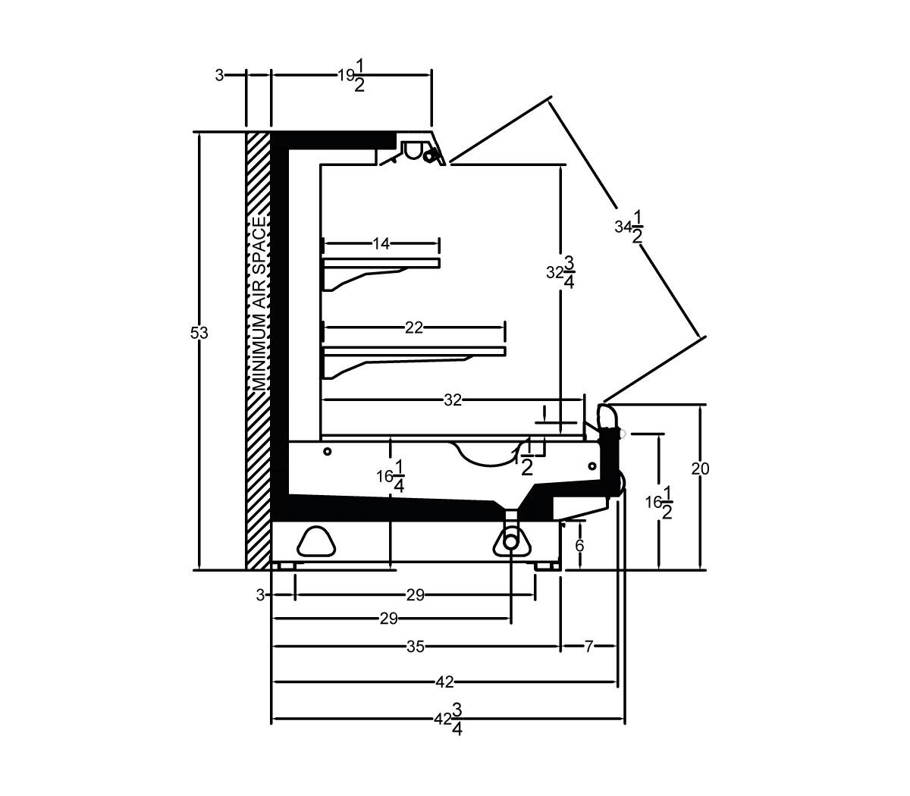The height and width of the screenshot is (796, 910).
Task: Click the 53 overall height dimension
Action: point(199,333)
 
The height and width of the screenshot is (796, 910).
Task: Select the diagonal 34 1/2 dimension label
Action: point(629,227)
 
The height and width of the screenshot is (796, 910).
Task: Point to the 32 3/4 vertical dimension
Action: point(561,272)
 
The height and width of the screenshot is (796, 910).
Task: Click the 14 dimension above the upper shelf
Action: point(381,243)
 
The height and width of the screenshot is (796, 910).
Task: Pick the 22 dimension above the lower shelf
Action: point(413,327)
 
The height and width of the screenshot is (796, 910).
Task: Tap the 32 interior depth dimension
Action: point(453,400)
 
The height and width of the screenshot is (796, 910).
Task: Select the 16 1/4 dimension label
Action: point(391,477)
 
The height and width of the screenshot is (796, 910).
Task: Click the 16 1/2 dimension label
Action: point(659,503)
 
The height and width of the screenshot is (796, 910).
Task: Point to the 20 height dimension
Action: point(700,469)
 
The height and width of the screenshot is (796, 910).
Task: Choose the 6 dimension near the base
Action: point(579,546)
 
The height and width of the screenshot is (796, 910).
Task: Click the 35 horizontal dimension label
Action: point(416,647)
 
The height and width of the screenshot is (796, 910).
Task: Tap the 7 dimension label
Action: point(589,647)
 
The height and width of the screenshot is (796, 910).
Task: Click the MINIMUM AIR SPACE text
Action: point(259,303)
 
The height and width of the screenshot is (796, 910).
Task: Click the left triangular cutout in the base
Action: point(316,541)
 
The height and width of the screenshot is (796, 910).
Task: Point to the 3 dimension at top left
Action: point(219,76)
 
